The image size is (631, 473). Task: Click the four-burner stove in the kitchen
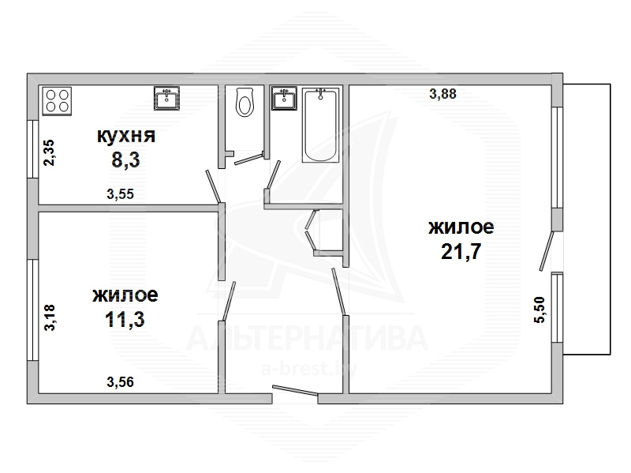pyautogui.click(x=57, y=101)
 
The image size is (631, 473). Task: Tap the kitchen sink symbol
pyautogui.click(x=166, y=98)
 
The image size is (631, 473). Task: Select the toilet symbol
pyautogui.click(x=245, y=103)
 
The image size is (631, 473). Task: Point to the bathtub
pyautogui.click(x=320, y=126)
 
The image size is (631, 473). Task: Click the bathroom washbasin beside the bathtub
pyautogui.click(x=284, y=98)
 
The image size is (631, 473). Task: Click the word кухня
pyautogui.click(x=126, y=136)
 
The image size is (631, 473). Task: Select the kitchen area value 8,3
pyautogui.click(x=125, y=160)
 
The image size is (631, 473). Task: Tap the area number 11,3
pyautogui.click(x=125, y=320)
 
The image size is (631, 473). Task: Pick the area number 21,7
pyautogui.click(x=461, y=252)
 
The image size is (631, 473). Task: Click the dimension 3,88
pyautogui.click(x=443, y=94)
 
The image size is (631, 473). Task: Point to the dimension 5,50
pyautogui.click(x=540, y=310)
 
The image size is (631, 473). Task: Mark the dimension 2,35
pyautogui.click(x=49, y=152)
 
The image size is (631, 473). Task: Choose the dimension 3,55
pyautogui.click(x=121, y=194)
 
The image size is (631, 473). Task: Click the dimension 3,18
pyautogui.click(x=50, y=317)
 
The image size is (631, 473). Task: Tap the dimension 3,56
pyautogui.click(x=121, y=381)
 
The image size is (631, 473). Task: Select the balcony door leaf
pyautogui.click(x=547, y=250)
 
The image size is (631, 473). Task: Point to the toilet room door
pyautogui.click(x=248, y=159)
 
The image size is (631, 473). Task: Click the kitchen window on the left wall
pyautogui.click(x=32, y=148)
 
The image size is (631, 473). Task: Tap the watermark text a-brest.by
pyautogui.click(x=308, y=369)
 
